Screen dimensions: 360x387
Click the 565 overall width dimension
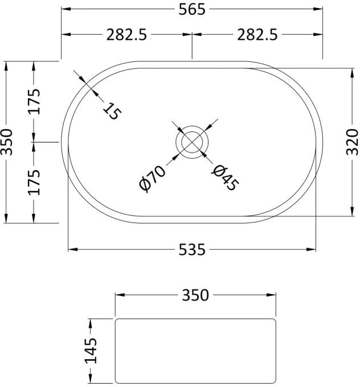(192, 10)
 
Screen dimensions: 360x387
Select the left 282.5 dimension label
(126, 35)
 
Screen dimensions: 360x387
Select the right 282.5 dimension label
(257, 35)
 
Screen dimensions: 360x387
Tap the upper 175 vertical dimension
(34, 101)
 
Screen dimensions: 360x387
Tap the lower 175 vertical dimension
(34, 182)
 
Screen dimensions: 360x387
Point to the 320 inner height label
(352, 142)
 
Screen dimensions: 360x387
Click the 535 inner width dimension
(192, 249)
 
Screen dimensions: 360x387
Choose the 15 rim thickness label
(112, 111)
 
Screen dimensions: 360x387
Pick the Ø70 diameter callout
(152, 179)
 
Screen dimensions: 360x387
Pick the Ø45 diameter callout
(225, 178)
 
